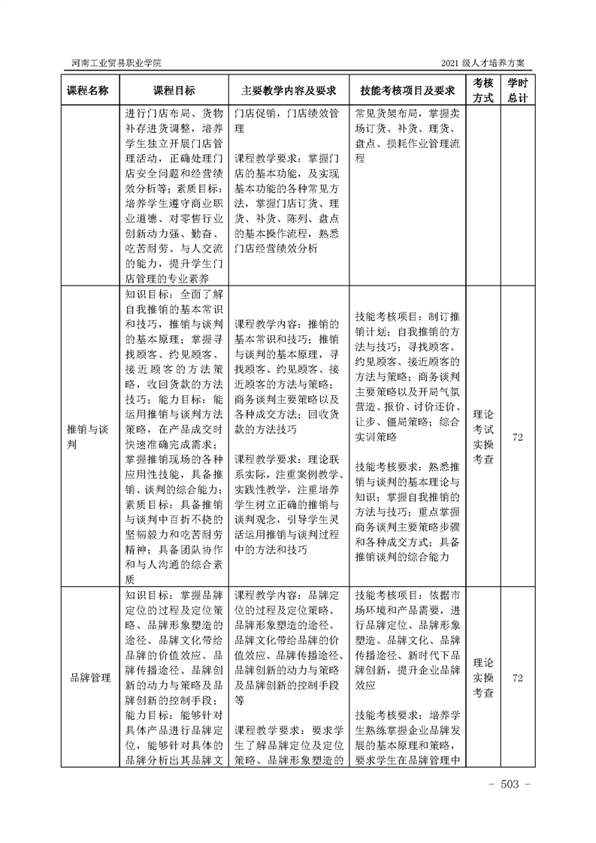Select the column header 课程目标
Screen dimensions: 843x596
174,90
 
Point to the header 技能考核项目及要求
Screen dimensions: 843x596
408,90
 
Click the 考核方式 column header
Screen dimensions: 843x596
483,90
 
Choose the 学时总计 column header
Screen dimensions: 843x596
517,90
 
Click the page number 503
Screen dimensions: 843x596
510,784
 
